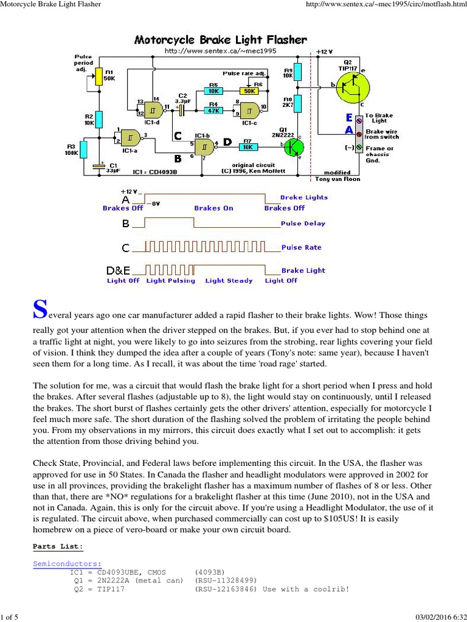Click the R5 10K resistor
point(213,91)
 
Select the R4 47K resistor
point(213,111)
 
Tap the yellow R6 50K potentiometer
point(249,91)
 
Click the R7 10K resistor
point(247,146)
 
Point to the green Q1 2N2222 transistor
point(295,147)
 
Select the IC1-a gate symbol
point(130,138)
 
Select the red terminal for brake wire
point(359,133)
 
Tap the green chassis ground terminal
point(359,147)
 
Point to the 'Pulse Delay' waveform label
point(303,224)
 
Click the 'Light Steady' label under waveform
point(229,281)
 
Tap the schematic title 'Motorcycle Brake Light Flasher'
point(220,40)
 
